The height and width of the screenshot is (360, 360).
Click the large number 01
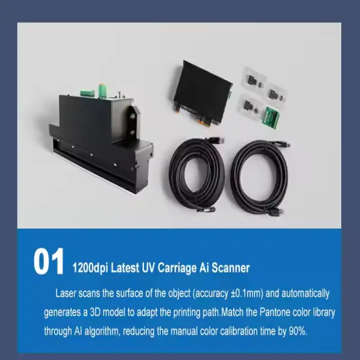49,261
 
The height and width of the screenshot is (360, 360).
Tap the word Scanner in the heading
230,268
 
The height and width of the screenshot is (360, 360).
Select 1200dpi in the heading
90,268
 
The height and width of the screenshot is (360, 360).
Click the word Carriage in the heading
177,268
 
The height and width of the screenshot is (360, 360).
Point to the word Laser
66,293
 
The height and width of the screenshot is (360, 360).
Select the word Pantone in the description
274,312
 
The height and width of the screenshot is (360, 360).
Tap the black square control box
203,92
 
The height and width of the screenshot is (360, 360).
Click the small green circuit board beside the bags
272,118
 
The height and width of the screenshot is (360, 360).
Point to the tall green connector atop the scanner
102,91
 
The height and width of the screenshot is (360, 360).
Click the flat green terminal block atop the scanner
87,93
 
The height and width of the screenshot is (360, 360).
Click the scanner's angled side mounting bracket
133,124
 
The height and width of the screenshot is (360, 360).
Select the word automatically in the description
305,294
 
